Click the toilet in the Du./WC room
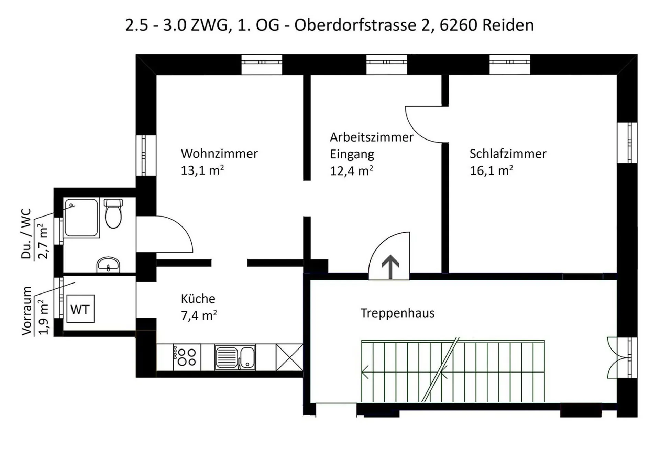tap(113, 213)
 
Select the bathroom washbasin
tap(108, 264)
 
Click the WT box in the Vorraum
tap(80, 309)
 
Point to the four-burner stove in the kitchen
tap(187, 357)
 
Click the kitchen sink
tap(235, 357)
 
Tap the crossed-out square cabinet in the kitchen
tap(289, 357)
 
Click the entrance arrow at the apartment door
tap(390, 267)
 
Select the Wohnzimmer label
tap(219, 154)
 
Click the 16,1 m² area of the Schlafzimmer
tap(491, 170)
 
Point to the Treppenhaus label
tap(397, 313)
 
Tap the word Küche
tap(198, 298)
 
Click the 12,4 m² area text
tap(351, 170)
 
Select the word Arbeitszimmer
tap(372, 137)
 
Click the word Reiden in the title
tap(508, 25)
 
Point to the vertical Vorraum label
tap(26, 311)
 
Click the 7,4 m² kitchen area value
tap(199, 315)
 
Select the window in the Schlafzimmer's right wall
tap(627, 142)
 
